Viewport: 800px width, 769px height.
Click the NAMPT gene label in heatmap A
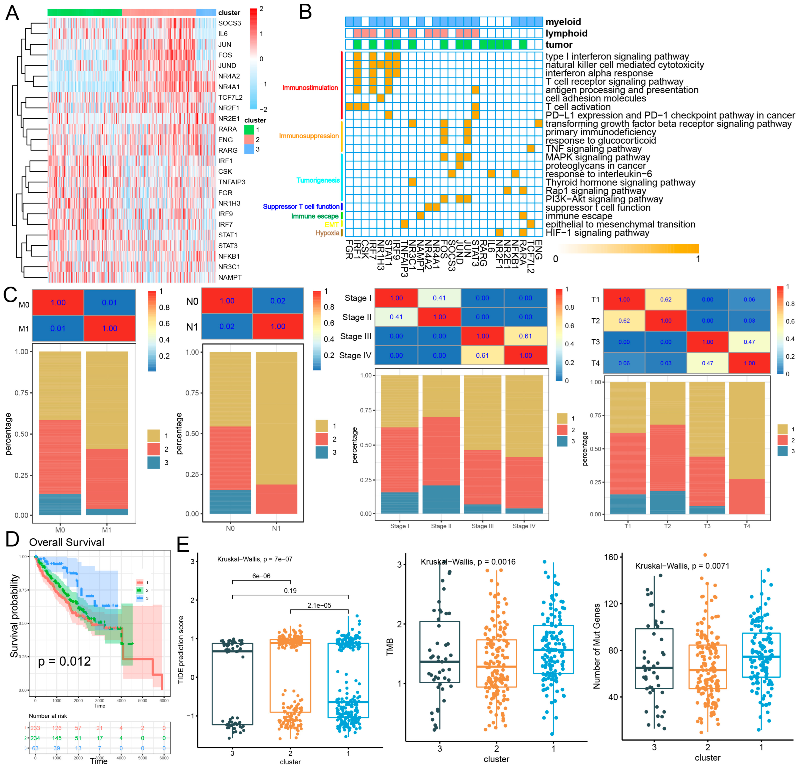(x=230, y=277)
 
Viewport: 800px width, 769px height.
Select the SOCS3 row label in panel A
(x=229, y=23)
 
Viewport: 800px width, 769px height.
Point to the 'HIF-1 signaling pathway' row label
(x=597, y=233)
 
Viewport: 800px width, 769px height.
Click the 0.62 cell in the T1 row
(x=666, y=299)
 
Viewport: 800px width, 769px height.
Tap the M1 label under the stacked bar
(x=107, y=530)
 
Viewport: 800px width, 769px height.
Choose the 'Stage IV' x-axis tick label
(x=524, y=526)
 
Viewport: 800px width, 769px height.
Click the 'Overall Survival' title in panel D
(x=66, y=542)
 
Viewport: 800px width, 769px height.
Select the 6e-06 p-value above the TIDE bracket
(x=261, y=576)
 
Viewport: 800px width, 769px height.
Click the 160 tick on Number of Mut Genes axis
(x=611, y=557)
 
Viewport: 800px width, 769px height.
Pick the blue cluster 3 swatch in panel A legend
(x=249, y=149)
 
